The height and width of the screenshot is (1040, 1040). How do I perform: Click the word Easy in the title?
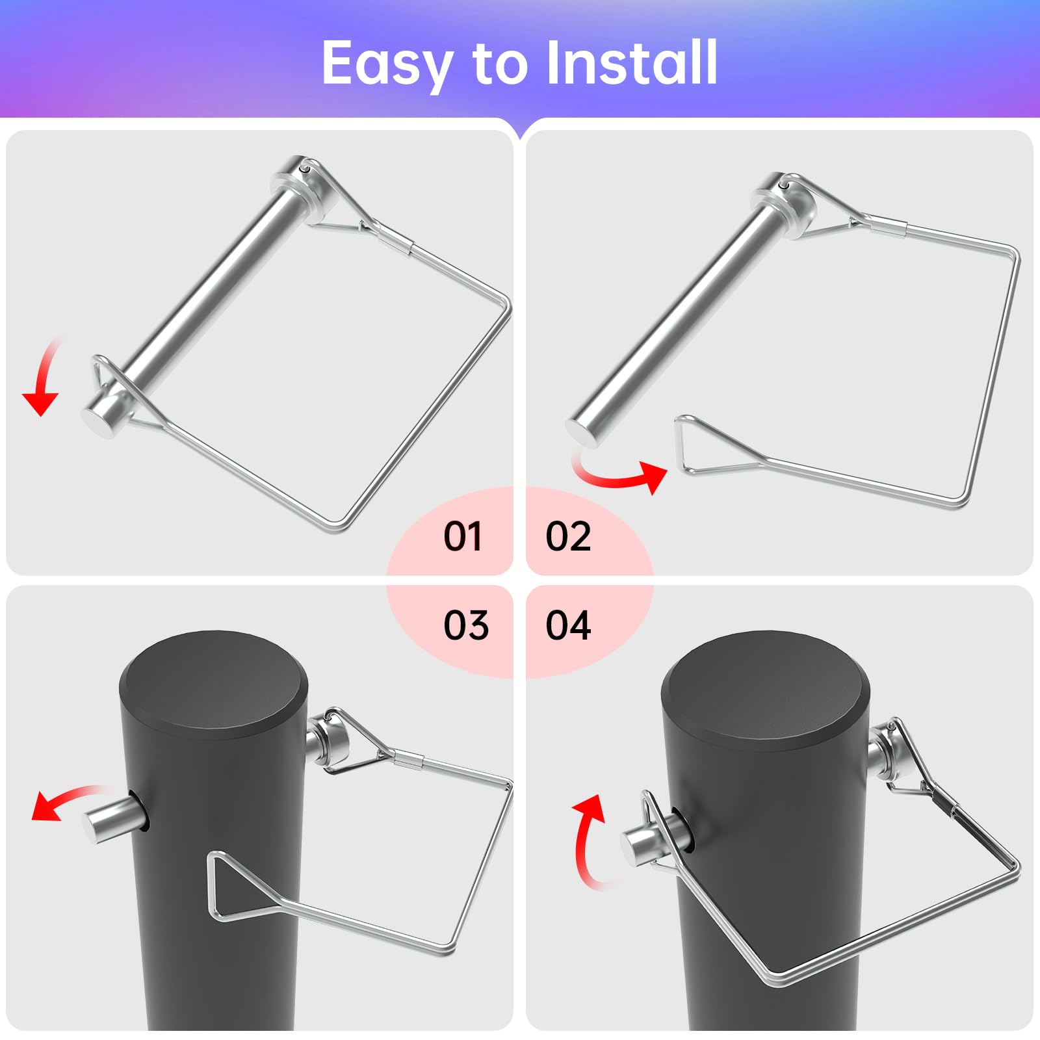pos(387,64)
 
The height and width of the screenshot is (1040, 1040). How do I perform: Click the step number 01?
pos(463,537)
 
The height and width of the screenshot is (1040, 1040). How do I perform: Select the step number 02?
pos(568,537)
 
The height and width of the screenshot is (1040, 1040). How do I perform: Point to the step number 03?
pos(465,625)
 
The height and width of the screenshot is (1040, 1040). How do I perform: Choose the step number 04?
pos(568,625)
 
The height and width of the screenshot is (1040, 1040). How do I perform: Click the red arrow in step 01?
pos(43,383)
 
